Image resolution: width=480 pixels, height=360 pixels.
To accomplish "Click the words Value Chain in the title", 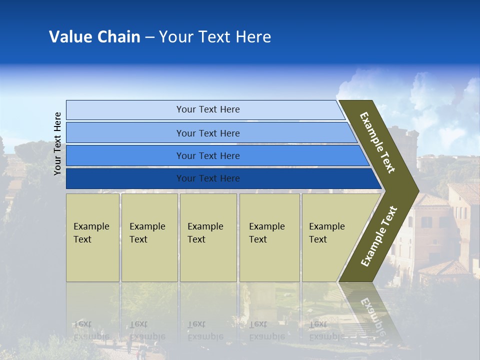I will click(x=94, y=37).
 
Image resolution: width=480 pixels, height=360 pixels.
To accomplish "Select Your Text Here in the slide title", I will click(x=215, y=37).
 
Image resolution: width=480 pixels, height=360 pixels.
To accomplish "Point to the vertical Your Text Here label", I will click(x=57, y=143).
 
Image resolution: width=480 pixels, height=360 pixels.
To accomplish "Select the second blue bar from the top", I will click(x=207, y=133).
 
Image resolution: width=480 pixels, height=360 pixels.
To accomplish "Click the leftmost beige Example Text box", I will click(x=92, y=237).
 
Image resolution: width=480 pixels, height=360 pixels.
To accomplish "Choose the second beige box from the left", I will click(x=149, y=237).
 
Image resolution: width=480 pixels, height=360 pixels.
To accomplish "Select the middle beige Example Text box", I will click(x=208, y=237).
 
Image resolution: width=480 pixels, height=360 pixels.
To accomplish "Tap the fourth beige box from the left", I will click(x=269, y=237).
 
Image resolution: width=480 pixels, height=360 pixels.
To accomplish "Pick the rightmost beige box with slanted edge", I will click(x=330, y=237).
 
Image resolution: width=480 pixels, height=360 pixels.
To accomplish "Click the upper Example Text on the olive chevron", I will click(x=377, y=142).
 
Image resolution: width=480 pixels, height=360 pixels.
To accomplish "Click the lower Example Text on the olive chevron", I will click(x=378, y=236).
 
